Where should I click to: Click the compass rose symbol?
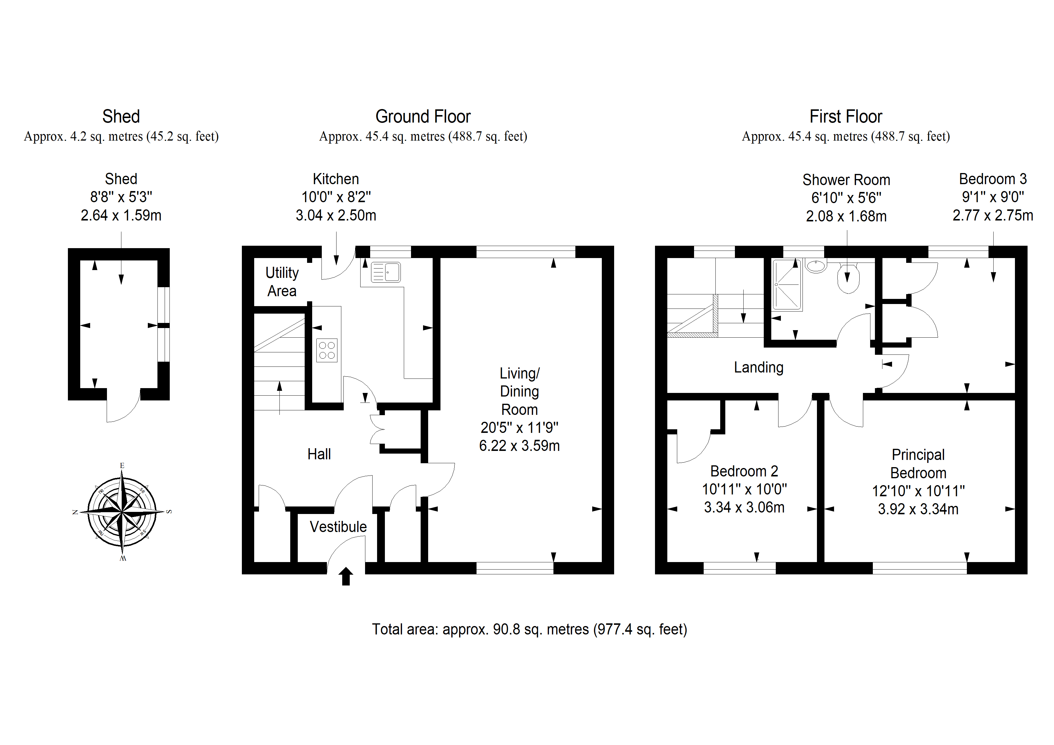point(122,512)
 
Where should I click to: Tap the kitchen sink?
point(385,272)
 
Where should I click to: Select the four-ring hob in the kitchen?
point(327,350)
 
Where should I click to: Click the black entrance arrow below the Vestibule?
point(346,576)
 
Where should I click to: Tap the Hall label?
point(319,454)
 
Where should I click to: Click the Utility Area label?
point(282,282)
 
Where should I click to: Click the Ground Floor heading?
point(423,117)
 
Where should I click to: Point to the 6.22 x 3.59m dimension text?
point(519,446)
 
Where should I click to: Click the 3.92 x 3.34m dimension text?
point(918,509)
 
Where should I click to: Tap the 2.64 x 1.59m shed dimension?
point(121,215)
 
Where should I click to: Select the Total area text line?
point(529,629)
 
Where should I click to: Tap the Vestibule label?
point(338,527)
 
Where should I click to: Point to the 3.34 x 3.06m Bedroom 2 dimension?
point(744,507)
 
